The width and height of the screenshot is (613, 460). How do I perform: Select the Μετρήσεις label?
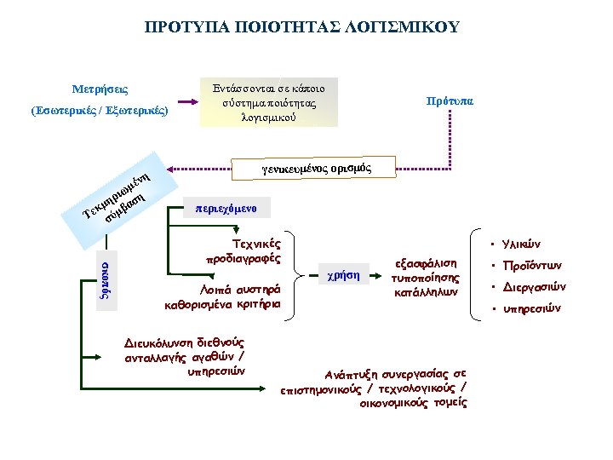100,89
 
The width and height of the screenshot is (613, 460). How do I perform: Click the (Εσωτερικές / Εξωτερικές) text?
100,111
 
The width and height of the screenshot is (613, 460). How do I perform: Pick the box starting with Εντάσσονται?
268,102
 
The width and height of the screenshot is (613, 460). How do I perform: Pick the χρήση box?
343,274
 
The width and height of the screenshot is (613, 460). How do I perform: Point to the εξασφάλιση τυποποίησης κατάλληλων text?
425,277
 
